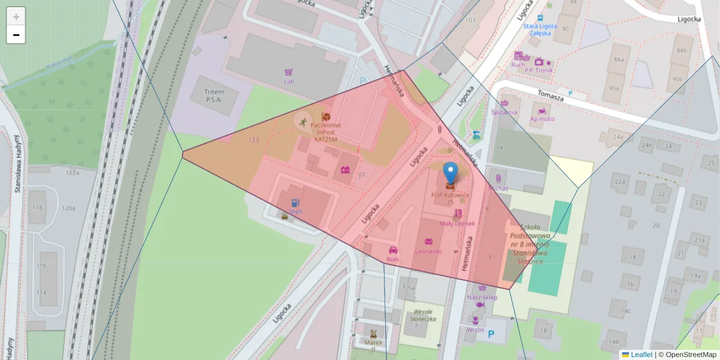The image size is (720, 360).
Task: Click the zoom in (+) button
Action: [16, 16]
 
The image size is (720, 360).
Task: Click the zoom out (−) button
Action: [16, 35]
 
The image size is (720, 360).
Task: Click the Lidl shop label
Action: [289, 81]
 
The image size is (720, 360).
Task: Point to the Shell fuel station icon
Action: [295, 203]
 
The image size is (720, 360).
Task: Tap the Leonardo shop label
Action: [428, 251]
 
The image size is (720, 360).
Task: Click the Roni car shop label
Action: [393, 259]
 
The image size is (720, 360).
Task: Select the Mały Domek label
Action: [457, 223]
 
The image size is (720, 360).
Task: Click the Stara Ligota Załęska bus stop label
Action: [539, 30]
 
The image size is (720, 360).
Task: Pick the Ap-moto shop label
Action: [542, 119]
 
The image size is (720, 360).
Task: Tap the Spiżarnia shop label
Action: [504, 112]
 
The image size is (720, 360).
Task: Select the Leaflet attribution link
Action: [641, 355]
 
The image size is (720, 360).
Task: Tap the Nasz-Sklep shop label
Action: [482, 297]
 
